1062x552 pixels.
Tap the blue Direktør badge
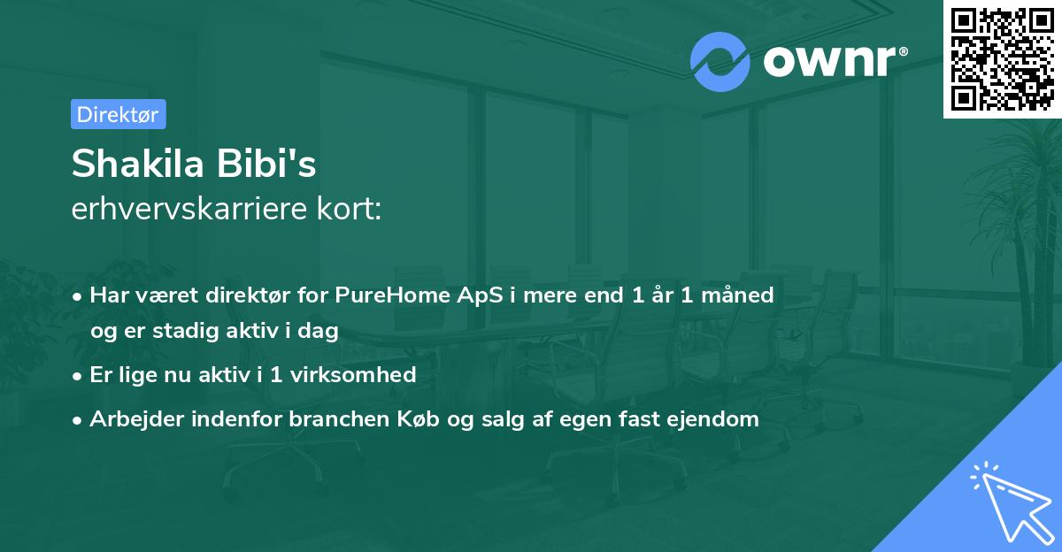(x=118, y=114)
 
